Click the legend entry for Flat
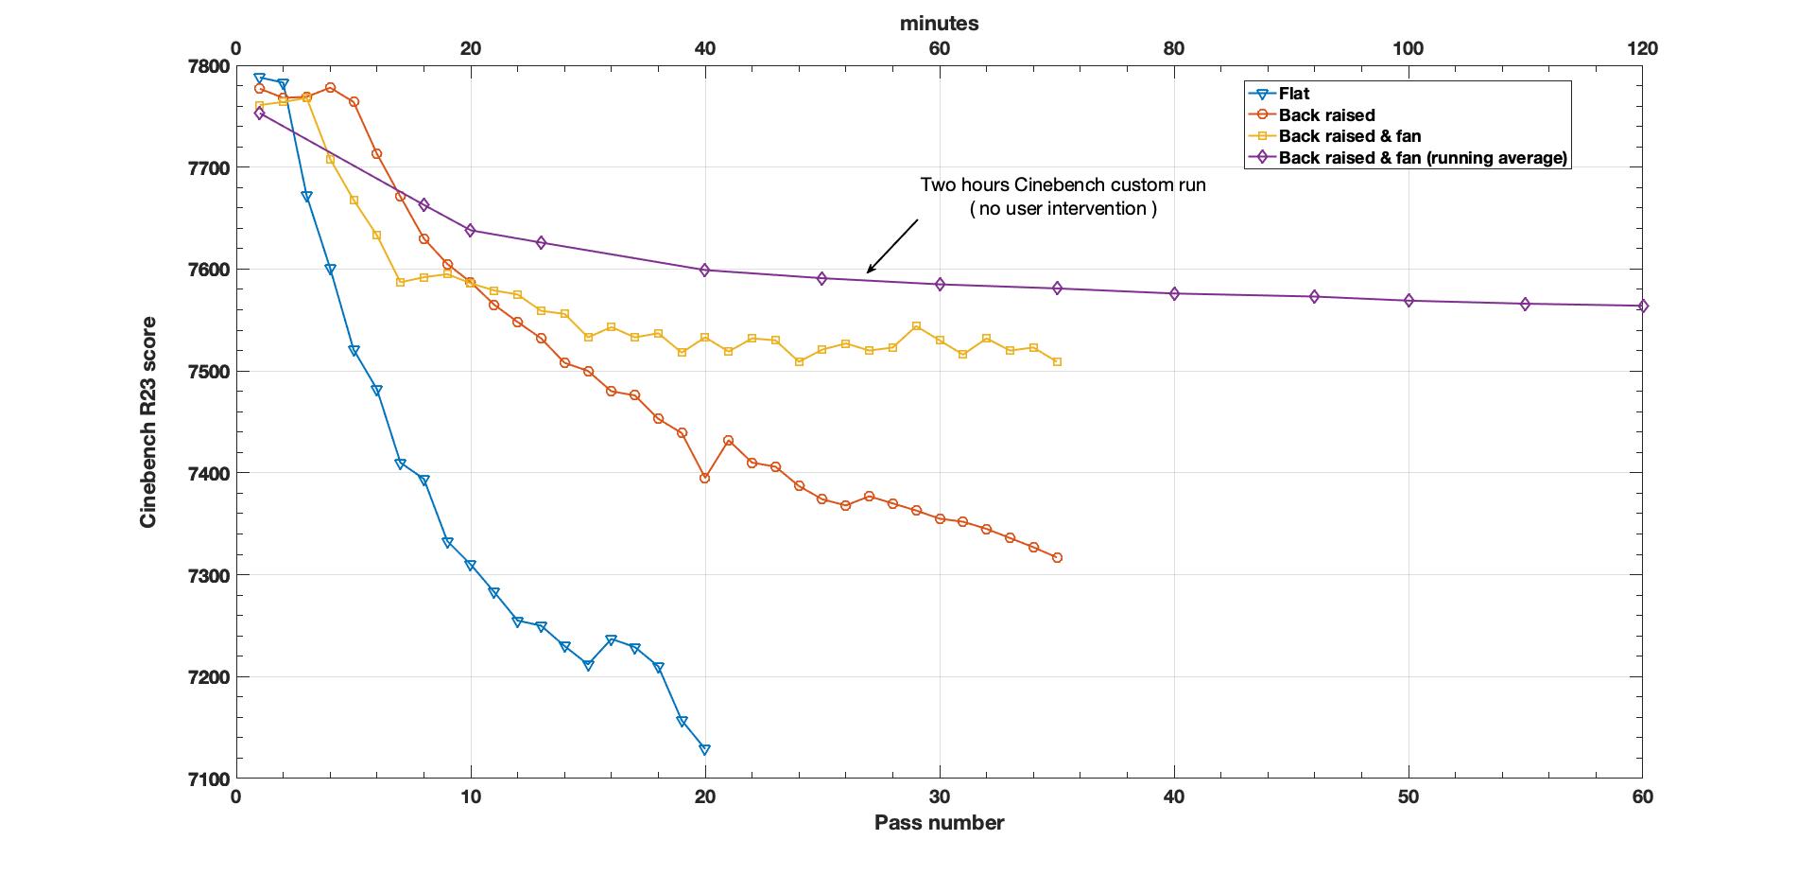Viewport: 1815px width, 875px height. pyautogui.click(x=1293, y=94)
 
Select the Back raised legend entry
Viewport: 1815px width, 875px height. pyautogui.click(x=1326, y=115)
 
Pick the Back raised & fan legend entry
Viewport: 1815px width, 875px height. pyautogui.click(x=1349, y=136)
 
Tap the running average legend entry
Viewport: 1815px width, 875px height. pyautogui.click(x=1423, y=158)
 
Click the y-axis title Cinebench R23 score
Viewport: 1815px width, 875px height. pyautogui.click(x=148, y=422)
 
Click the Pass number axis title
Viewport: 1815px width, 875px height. pyautogui.click(x=939, y=823)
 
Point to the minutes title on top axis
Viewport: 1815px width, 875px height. pyautogui.click(x=939, y=24)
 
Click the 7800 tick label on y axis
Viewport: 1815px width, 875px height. pyautogui.click(x=208, y=66)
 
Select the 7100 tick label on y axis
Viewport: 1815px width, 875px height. pyautogui.click(x=208, y=779)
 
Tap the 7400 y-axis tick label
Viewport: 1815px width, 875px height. pyautogui.click(x=208, y=473)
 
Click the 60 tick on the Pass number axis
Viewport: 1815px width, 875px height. pyautogui.click(x=1643, y=797)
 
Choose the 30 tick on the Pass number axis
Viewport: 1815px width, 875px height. pyautogui.click(x=939, y=797)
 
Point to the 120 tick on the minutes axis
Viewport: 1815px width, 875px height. pyautogui.click(x=1643, y=48)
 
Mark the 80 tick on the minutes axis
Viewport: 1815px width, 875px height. pyautogui.click(x=1173, y=48)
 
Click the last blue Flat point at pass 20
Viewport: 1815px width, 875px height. pyautogui.click(x=704, y=749)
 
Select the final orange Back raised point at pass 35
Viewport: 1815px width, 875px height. pyautogui.click(x=1057, y=558)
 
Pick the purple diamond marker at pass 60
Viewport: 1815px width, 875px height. pyautogui.click(x=1643, y=306)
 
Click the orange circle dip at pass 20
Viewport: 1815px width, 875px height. pyautogui.click(x=704, y=478)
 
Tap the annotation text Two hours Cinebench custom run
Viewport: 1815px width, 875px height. pyautogui.click(x=1063, y=185)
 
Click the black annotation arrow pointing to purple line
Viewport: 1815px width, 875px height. pyautogui.click(x=891, y=247)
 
